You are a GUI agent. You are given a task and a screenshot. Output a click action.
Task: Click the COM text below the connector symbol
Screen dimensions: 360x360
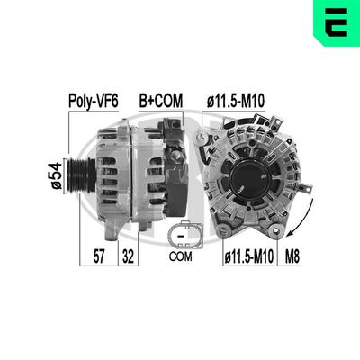181,256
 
